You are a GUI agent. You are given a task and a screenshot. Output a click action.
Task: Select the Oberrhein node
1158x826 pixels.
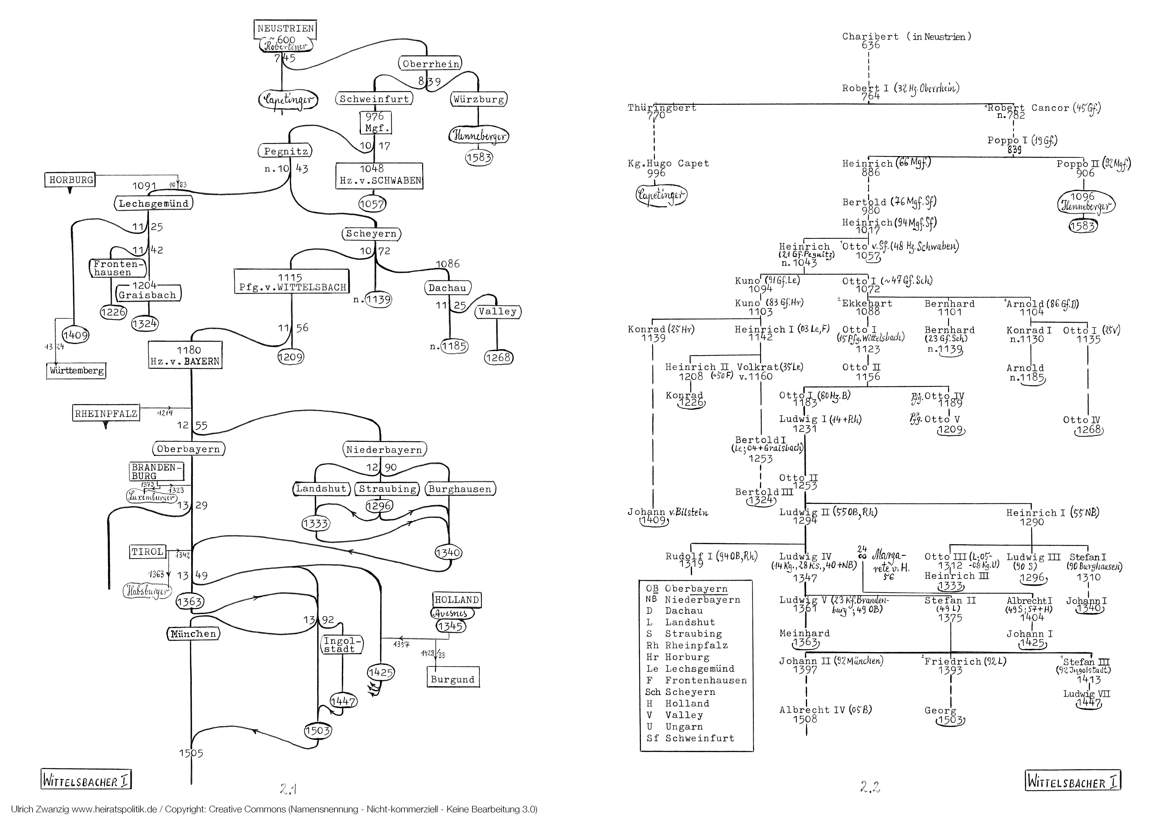coord(431,64)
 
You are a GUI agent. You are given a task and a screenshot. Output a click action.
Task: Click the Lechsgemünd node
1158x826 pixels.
coord(153,204)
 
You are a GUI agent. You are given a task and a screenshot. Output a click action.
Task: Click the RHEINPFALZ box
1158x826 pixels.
coord(106,414)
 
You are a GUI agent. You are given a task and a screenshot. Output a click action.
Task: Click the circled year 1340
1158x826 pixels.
coord(448,552)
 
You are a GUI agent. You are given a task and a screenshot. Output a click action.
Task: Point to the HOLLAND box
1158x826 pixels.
coord(456,600)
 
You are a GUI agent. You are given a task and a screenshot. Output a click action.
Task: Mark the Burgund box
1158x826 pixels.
coord(452,679)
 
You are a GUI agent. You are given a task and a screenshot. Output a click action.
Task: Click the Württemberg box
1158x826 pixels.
coord(76,370)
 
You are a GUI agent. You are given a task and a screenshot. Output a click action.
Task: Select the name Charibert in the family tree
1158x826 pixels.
coord(870,37)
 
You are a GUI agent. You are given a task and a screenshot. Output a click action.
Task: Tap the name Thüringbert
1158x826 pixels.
coord(661,108)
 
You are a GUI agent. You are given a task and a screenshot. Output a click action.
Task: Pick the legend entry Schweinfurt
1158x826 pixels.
coord(699,738)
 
